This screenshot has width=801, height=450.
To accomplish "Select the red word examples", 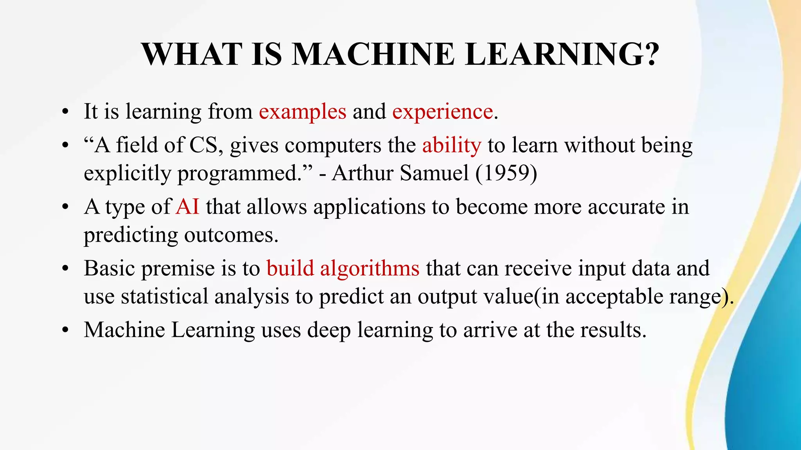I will pos(302,112).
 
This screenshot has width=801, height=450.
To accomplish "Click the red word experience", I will pos(442,112).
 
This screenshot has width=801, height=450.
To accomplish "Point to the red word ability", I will pos(451,146).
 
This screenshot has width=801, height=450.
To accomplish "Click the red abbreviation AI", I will pos(188,207).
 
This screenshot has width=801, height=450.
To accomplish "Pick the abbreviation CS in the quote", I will pos(203,145).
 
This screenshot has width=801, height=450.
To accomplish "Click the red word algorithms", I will pos(370,268).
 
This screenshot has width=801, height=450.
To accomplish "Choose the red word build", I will pos(290,268).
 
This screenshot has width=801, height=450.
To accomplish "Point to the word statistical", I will pos(164,296).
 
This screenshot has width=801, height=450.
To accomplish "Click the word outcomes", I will pos(231,235).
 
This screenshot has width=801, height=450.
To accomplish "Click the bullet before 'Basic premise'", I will pos(65,269).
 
